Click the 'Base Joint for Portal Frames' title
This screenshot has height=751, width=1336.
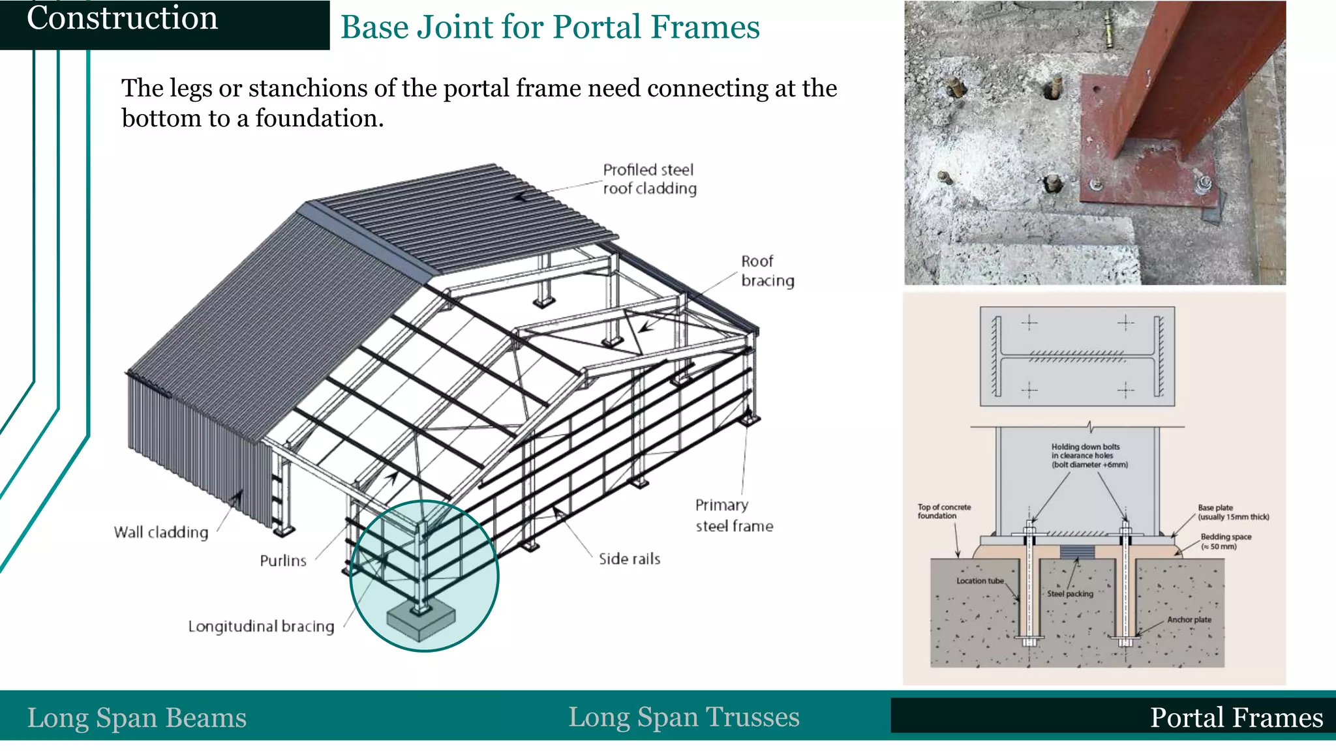coord(550,27)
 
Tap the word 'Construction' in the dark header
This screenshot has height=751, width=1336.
coord(122,18)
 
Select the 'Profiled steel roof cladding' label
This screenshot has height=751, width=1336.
coord(649,179)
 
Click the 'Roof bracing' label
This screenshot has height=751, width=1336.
coord(767,271)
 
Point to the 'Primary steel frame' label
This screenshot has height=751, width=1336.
coord(733,515)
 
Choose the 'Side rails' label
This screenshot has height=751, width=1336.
coord(629,559)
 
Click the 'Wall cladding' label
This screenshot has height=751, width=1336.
coord(161,532)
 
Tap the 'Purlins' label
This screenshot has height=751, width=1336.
coord(282,561)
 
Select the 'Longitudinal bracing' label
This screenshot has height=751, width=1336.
coord(261,626)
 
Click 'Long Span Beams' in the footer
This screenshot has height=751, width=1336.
coord(137,718)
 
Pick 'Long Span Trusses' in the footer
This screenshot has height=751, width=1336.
coord(683,717)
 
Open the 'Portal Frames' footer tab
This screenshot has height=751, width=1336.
coord(1236,718)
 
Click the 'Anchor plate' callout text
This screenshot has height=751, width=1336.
coord(1189,620)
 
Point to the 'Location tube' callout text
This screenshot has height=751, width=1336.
coord(980,581)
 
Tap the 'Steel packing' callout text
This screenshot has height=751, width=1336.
coord(1070,594)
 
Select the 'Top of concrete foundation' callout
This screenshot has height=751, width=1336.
coord(944,511)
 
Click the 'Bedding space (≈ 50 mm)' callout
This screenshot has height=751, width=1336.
coord(1225,541)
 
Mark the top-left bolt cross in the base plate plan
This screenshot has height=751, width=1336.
coord(1029,322)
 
